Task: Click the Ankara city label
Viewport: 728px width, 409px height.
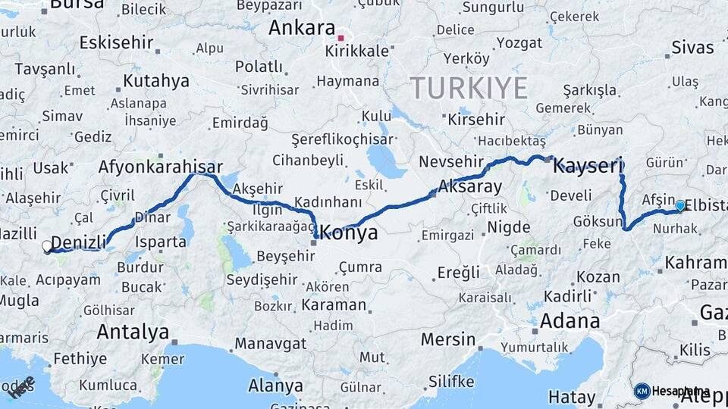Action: [x=302, y=29]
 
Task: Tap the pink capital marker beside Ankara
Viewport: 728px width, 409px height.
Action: [x=341, y=36]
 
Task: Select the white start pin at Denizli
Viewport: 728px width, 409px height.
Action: [x=47, y=246]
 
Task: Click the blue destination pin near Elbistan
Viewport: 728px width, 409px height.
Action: [x=680, y=205]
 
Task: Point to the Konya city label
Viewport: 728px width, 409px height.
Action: [x=348, y=233]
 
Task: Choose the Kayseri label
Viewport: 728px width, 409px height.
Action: [x=587, y=166]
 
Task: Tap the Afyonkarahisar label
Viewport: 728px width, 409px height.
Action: [x=161, y=167]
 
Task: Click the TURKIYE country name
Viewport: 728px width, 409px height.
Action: [x=469, y=89]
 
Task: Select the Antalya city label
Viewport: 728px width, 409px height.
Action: [x=133, y=332]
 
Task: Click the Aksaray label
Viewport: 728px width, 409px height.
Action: [x=471, y=187]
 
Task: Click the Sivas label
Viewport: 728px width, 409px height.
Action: [x=692, y=48]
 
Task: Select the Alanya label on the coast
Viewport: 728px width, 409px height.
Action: [x=275, y=385]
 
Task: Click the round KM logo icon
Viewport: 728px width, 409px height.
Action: [x=642, y=392]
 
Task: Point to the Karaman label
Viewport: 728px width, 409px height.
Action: [x=333, y=305]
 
